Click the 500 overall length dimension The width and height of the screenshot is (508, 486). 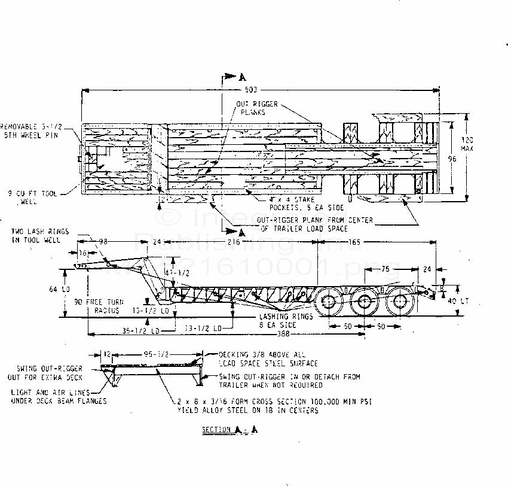[251, 90]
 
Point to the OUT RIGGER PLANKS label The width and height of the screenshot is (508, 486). [252, 108]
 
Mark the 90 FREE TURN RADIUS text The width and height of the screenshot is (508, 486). [97, 306]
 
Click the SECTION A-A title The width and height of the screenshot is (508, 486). [229, 430]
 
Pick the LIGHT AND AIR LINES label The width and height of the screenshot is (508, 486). [58, 396]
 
